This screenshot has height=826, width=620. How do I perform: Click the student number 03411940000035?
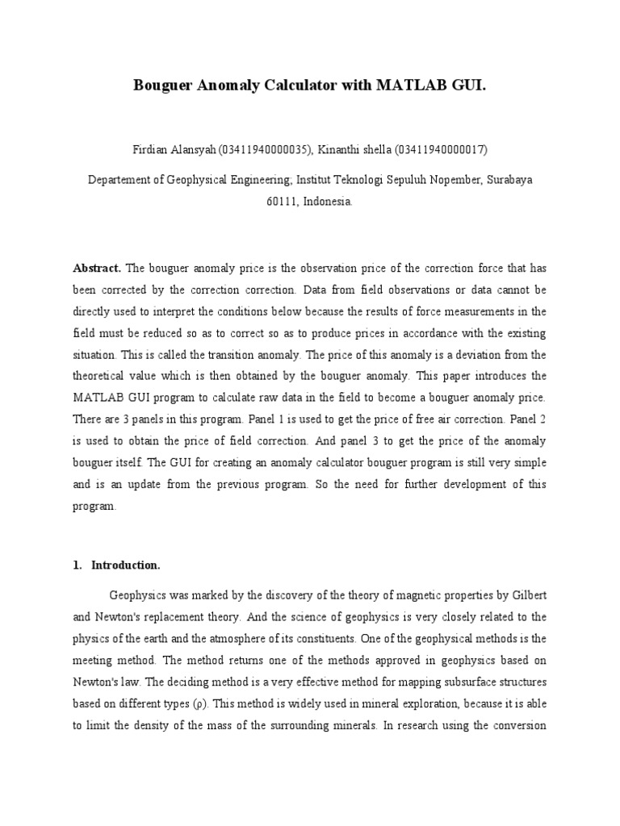pyautogui.click(x=261, y=150)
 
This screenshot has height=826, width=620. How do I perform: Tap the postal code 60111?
pyautogui.click(x=282, y=202)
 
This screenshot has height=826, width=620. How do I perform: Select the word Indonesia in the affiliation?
pyautogui.click(x=328, y=202)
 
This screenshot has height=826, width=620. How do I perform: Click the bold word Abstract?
pyautogui.click(x=97, y=267)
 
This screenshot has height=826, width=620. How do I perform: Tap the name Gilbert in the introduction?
pyautogui.click(x=522, y=595)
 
